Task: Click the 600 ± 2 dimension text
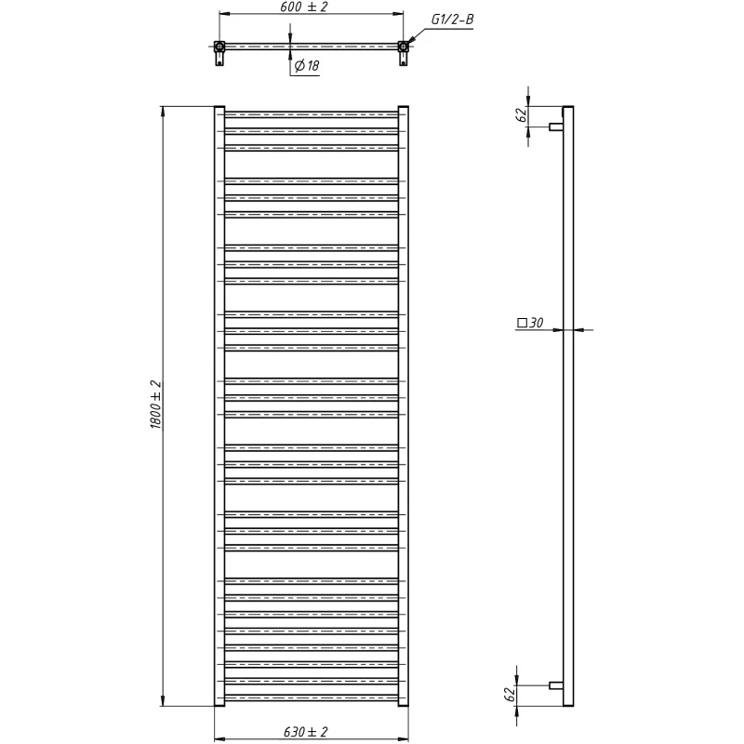pyautogui.click(x=311, y=7)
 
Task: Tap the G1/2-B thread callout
pyautogui.click(x=452, y=20)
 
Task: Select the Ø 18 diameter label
pyautogui.click(x=307, y=65)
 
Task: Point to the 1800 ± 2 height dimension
pyautogui.click(x=155, y=405)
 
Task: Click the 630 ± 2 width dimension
pyautogui.click(x=306, y=732)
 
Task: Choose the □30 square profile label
pyautogui.click(x=530, y=323)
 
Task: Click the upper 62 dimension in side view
pyautogui.click(x=521, y=114)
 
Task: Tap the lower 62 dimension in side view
pyautogui.click(x=509, y=695)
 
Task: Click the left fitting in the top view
pyautogui.click(x=219, y=53)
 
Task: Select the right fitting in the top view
pyautogui.click(x=404, y=53)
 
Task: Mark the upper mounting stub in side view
pyautogui.click(x=556, y=126)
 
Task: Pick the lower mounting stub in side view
pyautogui.click(x=556, y=685)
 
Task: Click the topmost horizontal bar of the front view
pyautogui.click(x=312, y=114)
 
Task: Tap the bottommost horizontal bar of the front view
pyautogui.click(x=312, y=697)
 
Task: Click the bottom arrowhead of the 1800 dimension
pyautogui.click(x=163, y=700)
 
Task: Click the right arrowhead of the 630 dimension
pyautogui.click(x=403, y=739)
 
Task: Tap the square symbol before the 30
pyautogui.click(x=522, y=323)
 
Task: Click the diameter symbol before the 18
pyautogui.click(x=299, y=66)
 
